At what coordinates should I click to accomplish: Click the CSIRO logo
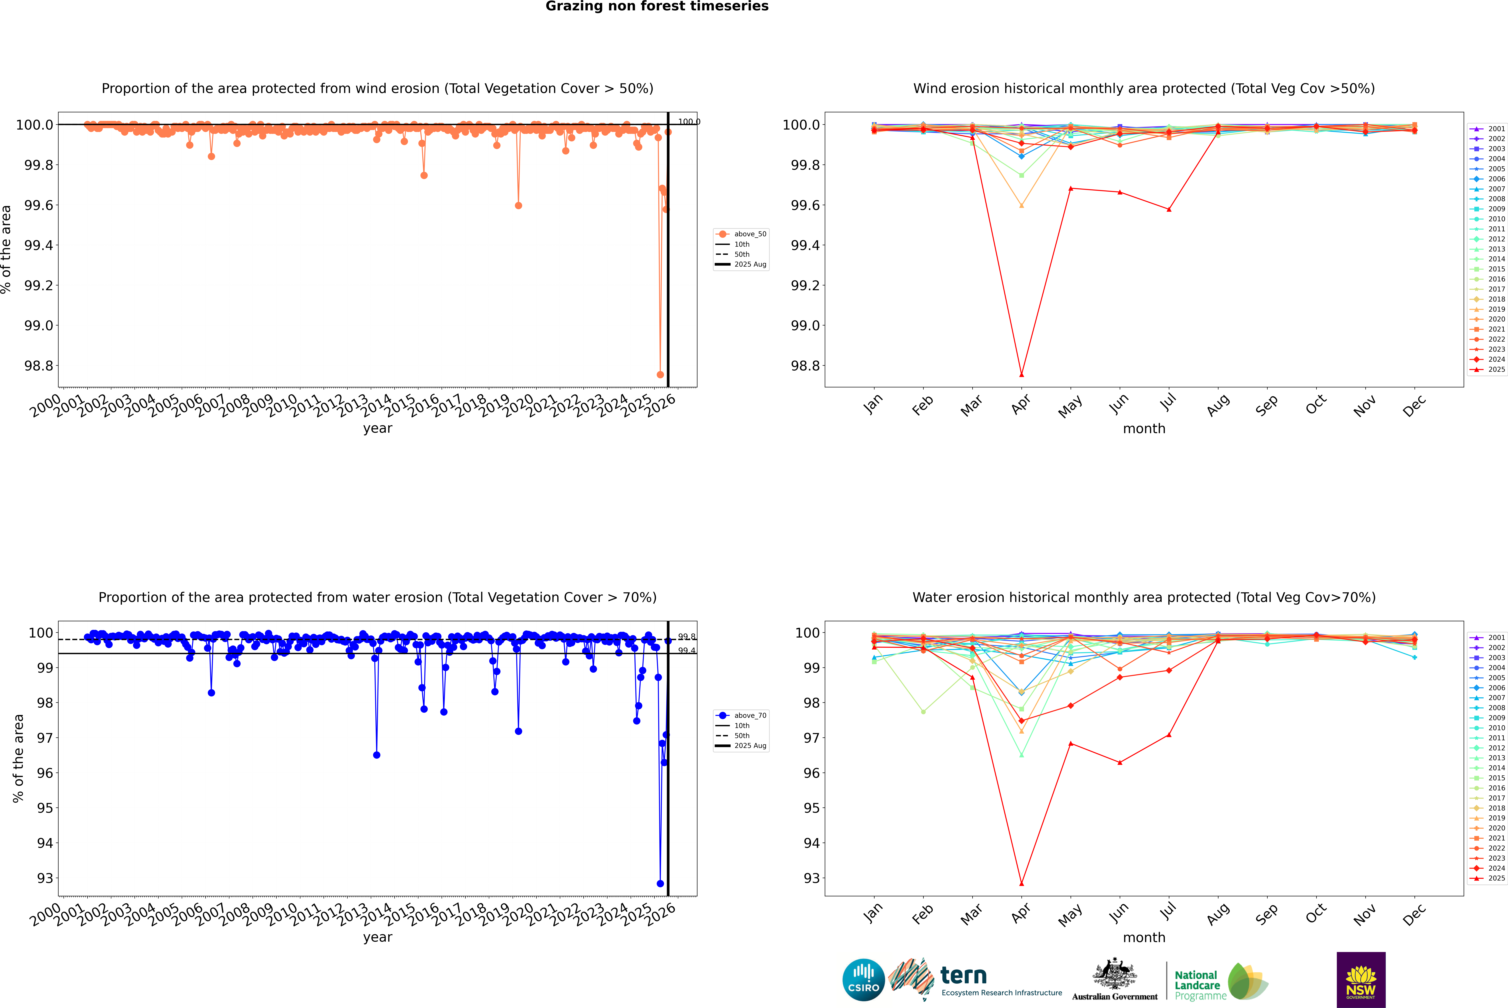(x=863, y=980)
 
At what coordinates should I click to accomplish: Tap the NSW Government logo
(x=1361, y=980)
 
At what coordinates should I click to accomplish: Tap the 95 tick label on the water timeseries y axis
(x=45, y=808)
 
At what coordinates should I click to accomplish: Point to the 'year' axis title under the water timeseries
(x=377, y=937)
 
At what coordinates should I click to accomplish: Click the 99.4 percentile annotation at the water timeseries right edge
(x=686, y=651)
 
